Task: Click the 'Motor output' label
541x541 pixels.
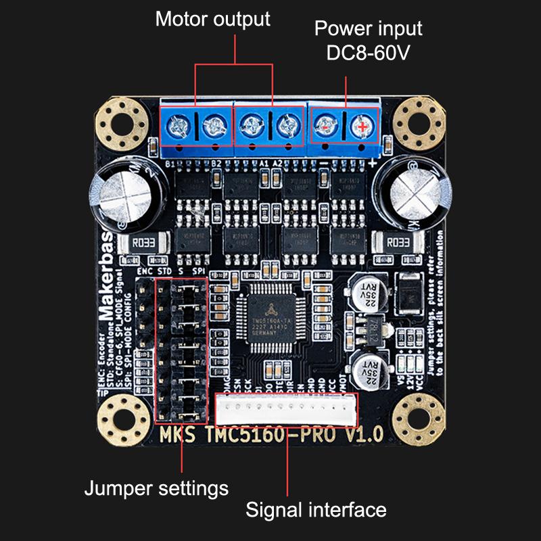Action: (x=212, y=18)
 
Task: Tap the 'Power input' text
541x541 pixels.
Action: (x=369, y=28)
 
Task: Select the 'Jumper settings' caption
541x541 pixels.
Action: (x=156, y=488)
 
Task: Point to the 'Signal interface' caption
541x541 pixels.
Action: (x=316, y=509)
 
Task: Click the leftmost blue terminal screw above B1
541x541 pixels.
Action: (x=178, y=124)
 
